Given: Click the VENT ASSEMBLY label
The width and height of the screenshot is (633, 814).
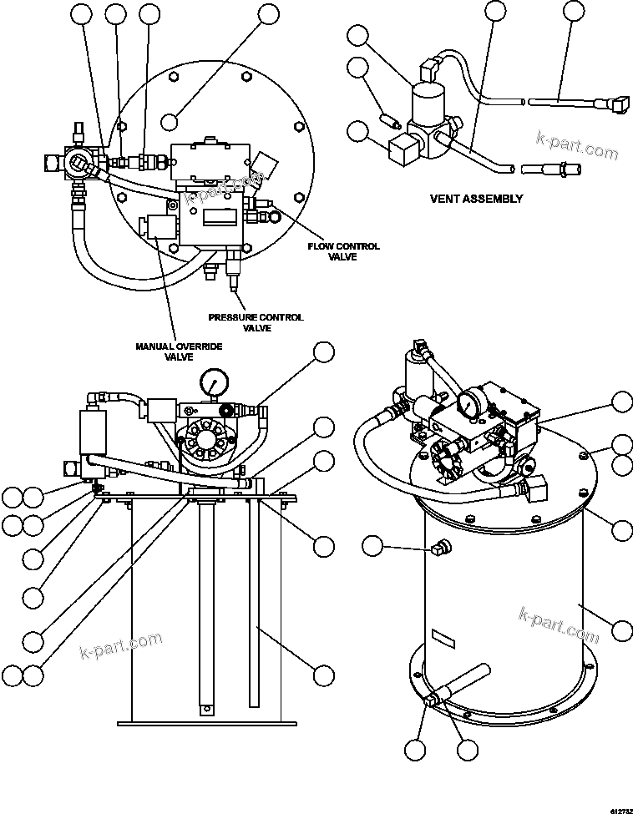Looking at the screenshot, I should [476, 199].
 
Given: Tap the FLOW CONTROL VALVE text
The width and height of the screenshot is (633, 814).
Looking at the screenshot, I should [343, 251].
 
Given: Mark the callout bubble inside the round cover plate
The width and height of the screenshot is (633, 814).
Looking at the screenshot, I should [170, 120].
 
